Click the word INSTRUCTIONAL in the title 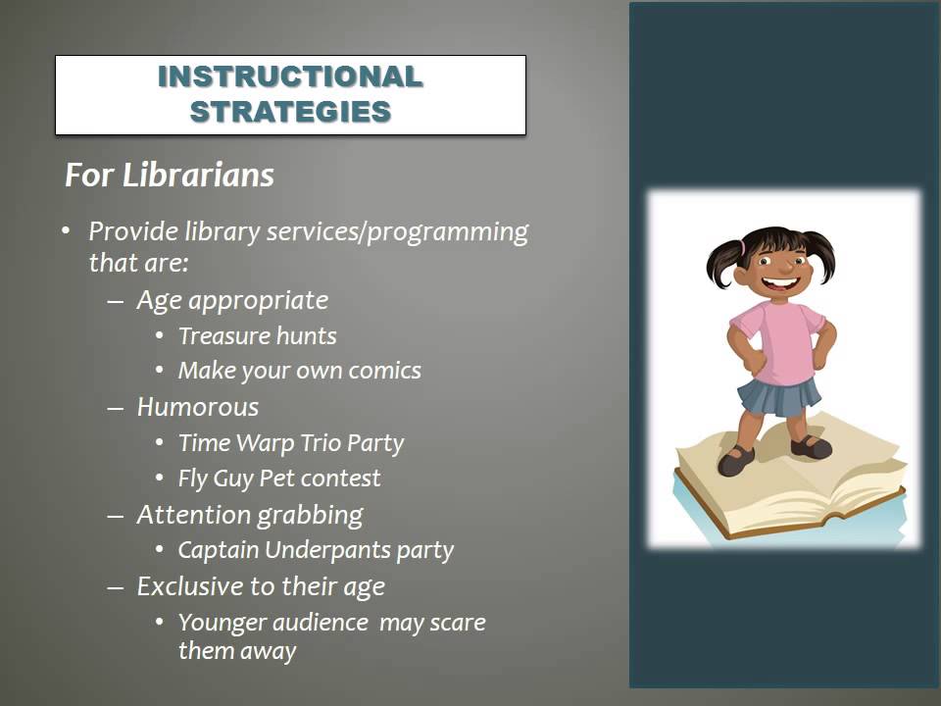point(290,76)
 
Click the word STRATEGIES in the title point(290,112)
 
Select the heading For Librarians point(169,176)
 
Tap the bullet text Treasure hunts point(257,336)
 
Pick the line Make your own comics point(299,372)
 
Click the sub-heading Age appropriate point(232,300)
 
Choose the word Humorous point(197,407)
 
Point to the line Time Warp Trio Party point(290,443)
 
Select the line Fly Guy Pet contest point(279,479)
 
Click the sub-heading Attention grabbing point(249,515)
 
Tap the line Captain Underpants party point(316,550)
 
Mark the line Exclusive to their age point(260,586)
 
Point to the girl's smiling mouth point(777,285)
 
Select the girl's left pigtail point(722,260)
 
